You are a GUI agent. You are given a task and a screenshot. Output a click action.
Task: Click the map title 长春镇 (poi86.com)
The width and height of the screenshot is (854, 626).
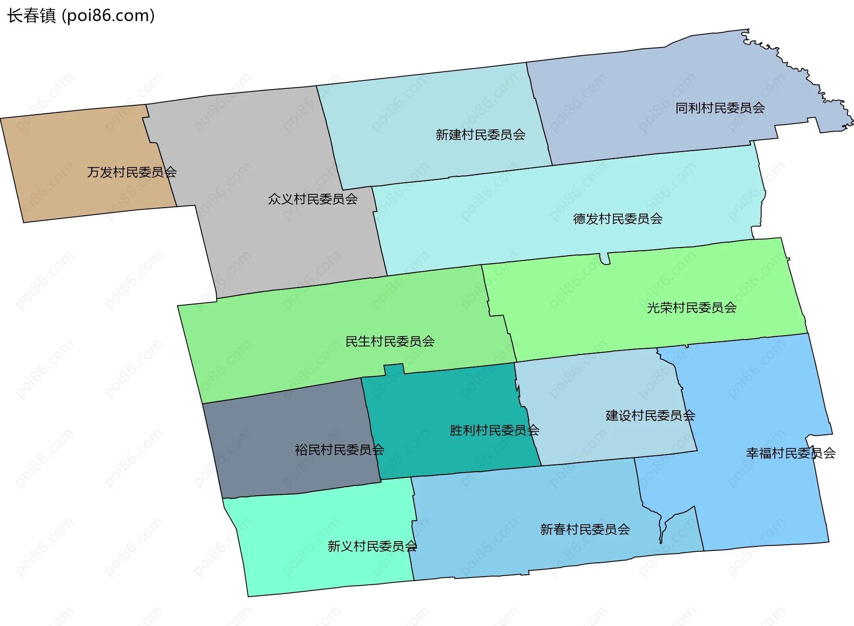pyautogui.click(x=81, y=16)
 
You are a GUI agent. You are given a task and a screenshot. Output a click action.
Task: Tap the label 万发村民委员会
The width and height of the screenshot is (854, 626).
pyautogui.click(x=132, y=172)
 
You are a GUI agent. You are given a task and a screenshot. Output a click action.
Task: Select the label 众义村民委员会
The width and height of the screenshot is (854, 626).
pyautogui.click(x=313, y=199)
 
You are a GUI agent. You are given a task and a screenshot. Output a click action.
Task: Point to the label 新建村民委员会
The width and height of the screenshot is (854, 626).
pyautogui.click(x=480, y=135)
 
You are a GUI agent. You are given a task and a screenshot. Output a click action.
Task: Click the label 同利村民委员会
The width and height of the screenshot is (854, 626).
pyautogui.click(x=720, y=108)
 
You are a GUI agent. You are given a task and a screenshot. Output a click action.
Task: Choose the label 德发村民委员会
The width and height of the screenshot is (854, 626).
pyautogui.click(x=617, y=219)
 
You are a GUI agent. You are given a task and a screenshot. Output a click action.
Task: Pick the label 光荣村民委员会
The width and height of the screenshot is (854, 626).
pyautogui.click(x=692, y=308)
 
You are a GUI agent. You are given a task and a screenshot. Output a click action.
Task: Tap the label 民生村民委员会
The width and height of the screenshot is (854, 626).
pyautogui.click(x=390, y=341)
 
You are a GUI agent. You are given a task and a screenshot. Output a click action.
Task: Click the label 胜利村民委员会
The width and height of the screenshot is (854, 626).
pyautogui.click(x=495, y=430)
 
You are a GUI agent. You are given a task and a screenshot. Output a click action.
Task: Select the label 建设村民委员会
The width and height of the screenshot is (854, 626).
pyautogui.click(x=650, y=416)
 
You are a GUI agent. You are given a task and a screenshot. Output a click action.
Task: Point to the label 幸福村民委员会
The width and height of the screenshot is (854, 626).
pyautogui.click(x=790, y=453)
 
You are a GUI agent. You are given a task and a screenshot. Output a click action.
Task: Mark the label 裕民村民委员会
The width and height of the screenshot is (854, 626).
pyautogui.click(x=339, y=450)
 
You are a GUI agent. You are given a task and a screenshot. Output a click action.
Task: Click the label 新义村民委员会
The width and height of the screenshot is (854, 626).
pyautogui.click(x=372, y=546)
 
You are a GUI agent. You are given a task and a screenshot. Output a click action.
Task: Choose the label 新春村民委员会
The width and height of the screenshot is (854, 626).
pyautogui.click(x=585, y=529)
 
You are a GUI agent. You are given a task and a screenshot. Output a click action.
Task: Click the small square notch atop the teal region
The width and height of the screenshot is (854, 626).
pyautogui.click(x=394, y=369)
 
